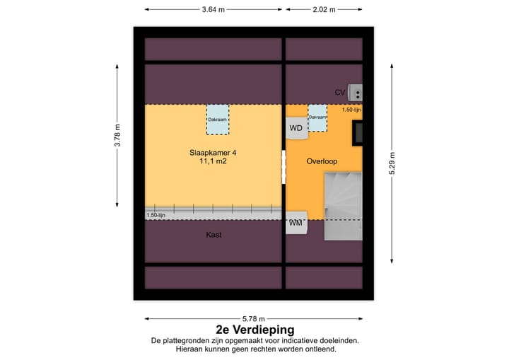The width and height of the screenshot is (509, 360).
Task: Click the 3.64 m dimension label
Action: pos(213,10)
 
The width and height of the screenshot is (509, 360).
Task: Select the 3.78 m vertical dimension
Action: pos(118,135)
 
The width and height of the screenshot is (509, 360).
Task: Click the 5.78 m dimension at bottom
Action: pos(253,318)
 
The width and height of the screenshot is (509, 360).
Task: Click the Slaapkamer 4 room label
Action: pos(213,152)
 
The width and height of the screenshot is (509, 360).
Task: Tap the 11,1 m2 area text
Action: pos(213,162)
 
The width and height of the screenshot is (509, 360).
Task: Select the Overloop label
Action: pos(322,161)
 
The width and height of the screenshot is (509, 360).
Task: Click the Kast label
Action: pos(213,235)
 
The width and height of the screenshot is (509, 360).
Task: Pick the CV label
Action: pos(340,93)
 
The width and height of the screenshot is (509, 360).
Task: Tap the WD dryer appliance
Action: pos(296,128)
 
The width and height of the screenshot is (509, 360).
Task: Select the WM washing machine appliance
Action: pos(296,223)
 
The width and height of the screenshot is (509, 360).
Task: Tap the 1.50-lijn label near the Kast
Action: pos(156,215)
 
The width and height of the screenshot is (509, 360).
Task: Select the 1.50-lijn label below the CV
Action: pos(351,110)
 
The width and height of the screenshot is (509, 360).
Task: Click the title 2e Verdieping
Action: pos(255,330)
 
